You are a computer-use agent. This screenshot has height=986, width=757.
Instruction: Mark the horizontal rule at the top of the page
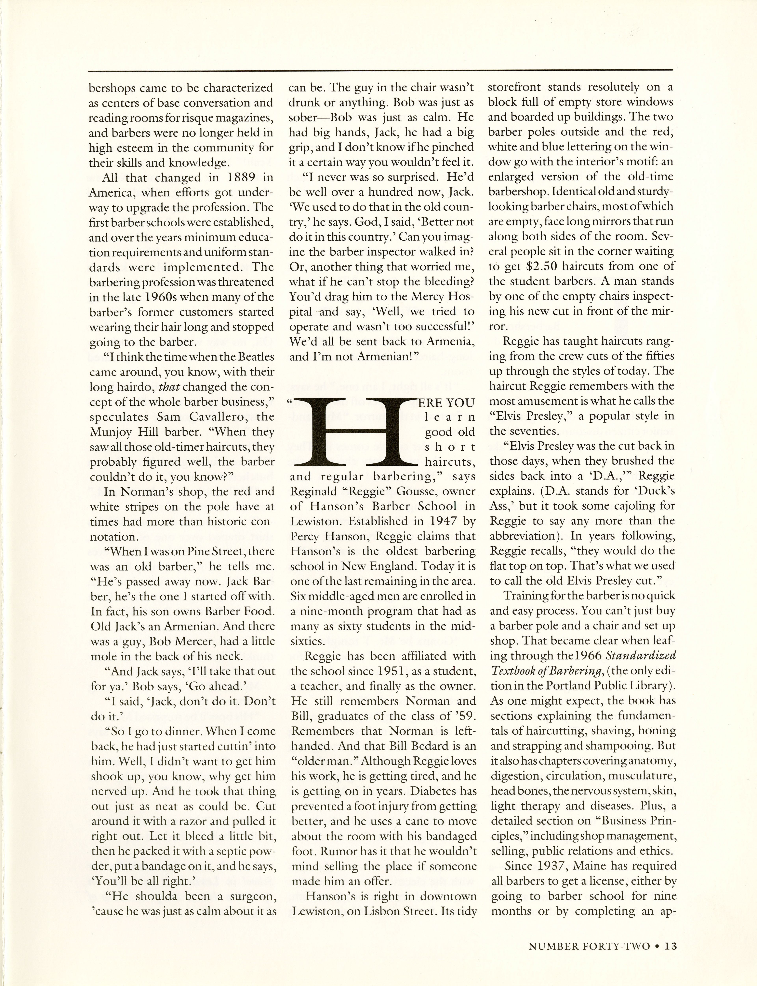381,70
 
